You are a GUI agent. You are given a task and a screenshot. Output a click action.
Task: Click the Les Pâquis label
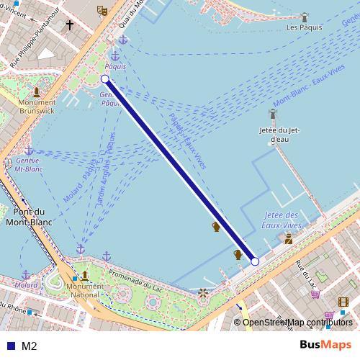(x=303, y=27)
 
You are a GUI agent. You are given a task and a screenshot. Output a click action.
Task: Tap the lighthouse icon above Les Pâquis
(x=305, y=16)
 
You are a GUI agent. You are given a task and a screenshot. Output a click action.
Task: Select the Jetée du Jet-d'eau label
(x=279, y=135)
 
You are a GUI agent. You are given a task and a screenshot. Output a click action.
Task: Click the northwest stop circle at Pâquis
(x=105, y=78)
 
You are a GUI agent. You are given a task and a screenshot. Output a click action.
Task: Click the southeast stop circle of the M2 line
(x=255, y=262)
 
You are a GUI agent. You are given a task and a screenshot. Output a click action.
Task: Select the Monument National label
(x=84, y=289)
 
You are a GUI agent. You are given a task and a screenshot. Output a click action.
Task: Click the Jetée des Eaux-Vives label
(x=281, y=220)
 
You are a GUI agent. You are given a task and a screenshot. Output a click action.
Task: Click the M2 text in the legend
(x=30, y=346)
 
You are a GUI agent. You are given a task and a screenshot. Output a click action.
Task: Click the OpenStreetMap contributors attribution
(x=297, y=323)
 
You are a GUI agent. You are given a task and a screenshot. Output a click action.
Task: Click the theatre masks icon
(x=102, y=10)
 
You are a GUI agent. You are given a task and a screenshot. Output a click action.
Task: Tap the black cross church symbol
(x=70, y=26)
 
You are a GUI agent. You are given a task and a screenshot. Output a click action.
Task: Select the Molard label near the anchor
(x=27, y=285)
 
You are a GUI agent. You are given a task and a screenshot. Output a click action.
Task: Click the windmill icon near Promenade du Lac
(x=203, y=293)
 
